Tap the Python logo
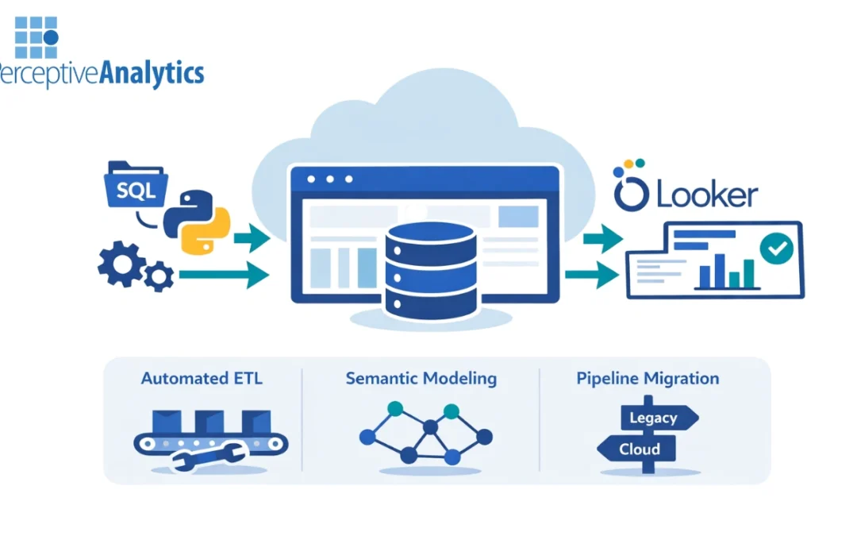coord(197,220)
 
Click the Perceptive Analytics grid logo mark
coord(37,37)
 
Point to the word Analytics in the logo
coord(151,74)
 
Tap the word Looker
coord(705,195)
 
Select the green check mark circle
coord(775,249)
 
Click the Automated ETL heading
coord(202,378)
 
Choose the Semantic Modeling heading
coord(421,378)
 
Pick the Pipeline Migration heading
coord(648,378)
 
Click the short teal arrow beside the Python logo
coord(252,237)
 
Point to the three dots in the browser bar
coord(329,179)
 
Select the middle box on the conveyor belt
coord(209,422)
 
